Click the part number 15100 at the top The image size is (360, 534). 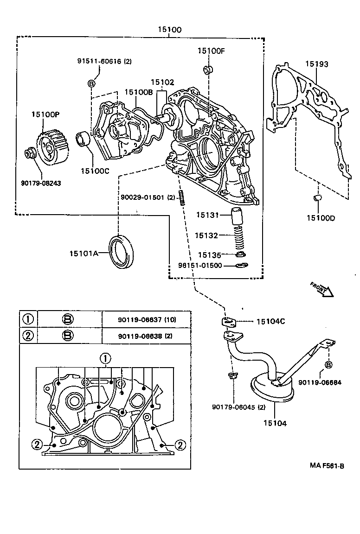(169, 30)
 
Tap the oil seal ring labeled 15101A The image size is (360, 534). (123, 252)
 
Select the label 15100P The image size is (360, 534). (45, 114)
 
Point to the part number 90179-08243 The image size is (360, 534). (41, 183)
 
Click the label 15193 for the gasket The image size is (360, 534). (316, 64)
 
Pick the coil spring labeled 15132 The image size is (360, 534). (238, 235)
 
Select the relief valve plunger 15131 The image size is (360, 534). (238, 216)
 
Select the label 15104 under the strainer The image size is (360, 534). (275, 423)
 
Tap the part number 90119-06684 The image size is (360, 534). (320, 382)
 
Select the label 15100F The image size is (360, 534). (211, 51)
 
